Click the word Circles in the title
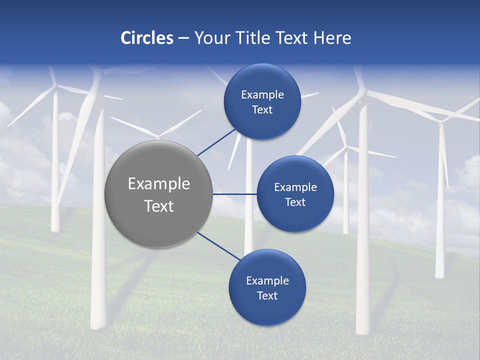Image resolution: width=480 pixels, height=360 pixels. pos(146,38)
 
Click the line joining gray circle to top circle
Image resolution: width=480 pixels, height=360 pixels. pos(217,142)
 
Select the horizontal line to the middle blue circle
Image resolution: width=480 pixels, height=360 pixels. pos(234,194)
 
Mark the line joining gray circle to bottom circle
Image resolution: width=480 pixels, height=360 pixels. pos(219,246)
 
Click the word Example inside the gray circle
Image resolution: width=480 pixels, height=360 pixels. pos(158,184)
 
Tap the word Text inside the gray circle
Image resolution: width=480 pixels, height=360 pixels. pos(158,206)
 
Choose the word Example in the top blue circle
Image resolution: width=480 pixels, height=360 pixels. pos(262,95)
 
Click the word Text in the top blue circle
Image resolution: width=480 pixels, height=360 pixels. pos(262,110)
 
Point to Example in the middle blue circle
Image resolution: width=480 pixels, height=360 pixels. pos(295,187)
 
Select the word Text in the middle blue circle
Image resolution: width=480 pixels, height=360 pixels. pos(295,202)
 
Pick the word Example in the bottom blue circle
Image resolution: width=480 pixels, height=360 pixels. pos(267,281)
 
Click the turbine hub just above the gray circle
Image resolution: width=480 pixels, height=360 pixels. pos(158,135)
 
